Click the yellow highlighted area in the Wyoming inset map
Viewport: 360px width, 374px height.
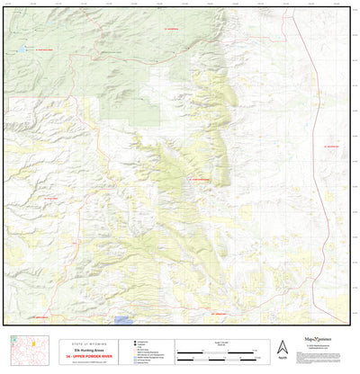pos(33,343)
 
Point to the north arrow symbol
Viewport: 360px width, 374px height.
pos(283,346)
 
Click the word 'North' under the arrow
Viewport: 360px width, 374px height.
pos(283,358)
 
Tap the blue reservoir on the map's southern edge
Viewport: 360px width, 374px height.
pos(123,319)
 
